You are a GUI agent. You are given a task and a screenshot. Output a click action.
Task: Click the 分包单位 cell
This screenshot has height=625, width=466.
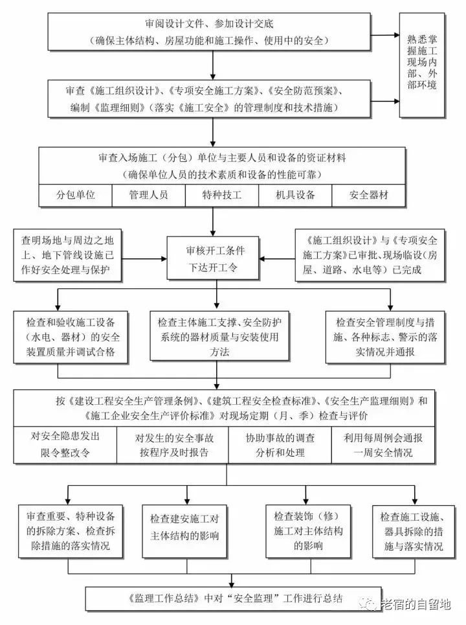click(75, 194)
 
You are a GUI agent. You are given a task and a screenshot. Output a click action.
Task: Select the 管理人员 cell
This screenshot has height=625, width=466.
click(148, 194)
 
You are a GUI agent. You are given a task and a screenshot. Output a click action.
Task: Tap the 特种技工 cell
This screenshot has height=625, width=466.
click(221, 194)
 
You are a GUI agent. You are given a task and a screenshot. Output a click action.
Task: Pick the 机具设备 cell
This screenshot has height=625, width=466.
click(294, 194)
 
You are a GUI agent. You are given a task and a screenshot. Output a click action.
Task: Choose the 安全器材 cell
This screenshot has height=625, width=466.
click(368, 194)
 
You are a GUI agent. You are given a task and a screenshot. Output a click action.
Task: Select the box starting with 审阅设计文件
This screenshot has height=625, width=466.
click(213, 31)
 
